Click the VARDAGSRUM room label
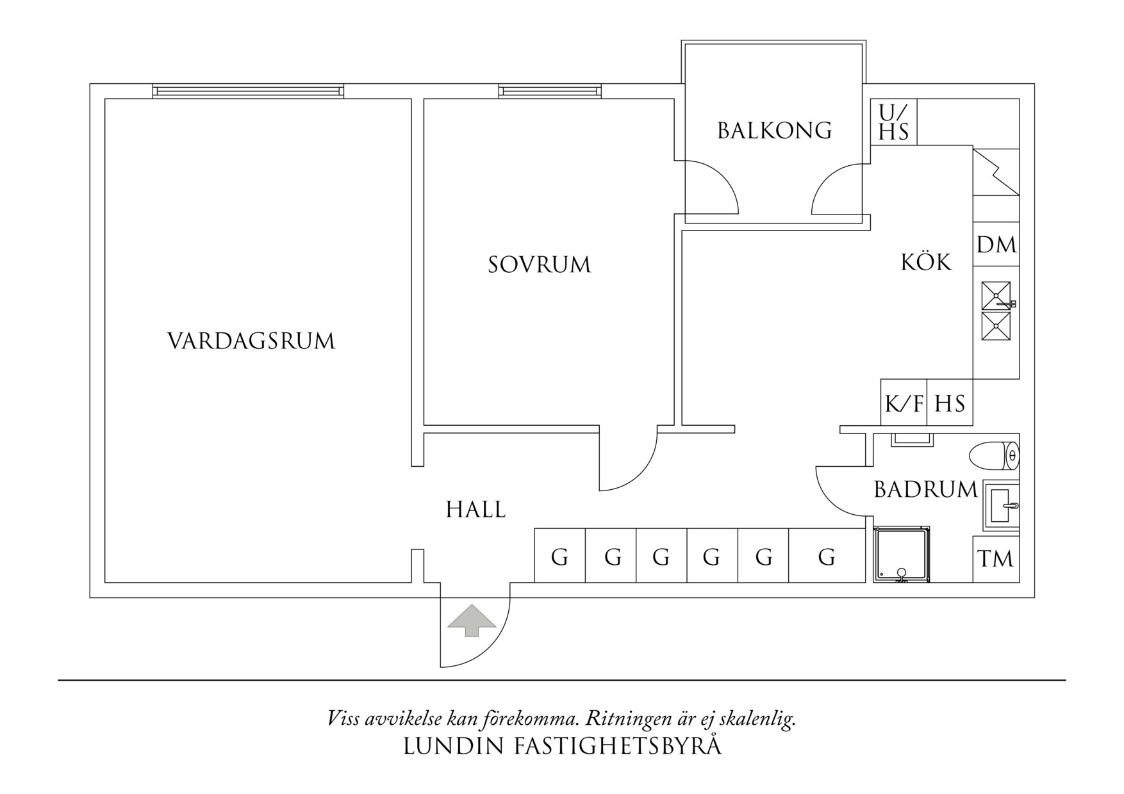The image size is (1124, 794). point(251,341)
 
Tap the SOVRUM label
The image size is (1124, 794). point(539,264)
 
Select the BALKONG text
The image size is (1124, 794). point(774,131)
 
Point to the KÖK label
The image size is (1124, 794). point(926,262)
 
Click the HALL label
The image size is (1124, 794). point(475,510)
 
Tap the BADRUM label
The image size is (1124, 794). point(925,490)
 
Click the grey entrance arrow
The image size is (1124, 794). point(472,620)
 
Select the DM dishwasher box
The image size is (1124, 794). point(996,244)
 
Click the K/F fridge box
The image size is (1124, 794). point(904,403)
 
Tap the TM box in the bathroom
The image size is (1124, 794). point(996,559)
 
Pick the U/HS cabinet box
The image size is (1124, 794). point(893,122)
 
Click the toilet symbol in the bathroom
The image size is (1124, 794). point(993,456)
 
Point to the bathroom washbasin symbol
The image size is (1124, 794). point(1002,506)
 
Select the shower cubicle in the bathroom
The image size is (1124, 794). point(901,555)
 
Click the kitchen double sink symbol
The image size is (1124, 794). point(996,311)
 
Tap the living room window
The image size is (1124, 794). point(248,92)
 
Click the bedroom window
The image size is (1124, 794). point(550,92)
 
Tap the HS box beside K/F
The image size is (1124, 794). point(950,403)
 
